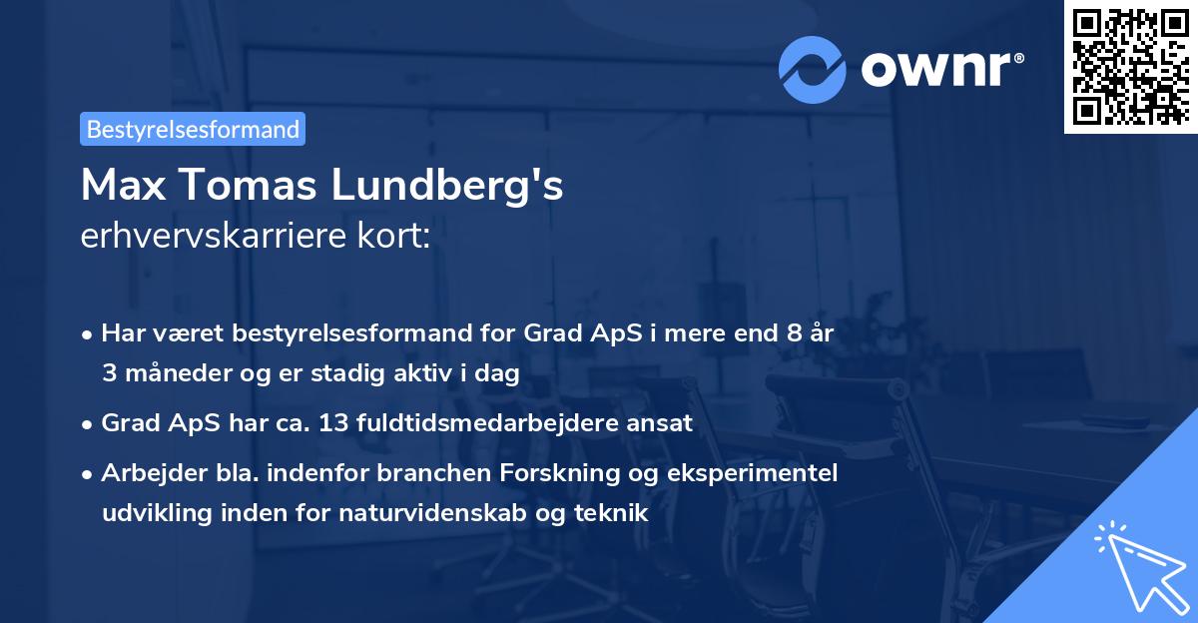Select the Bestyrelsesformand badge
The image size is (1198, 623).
click(193, 129)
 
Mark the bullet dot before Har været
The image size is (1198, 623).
click(89, 334)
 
